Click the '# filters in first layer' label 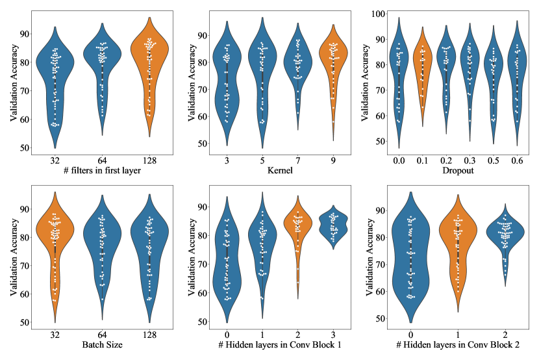point(101,170)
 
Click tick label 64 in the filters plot point(102,159)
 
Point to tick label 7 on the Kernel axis point(299,159)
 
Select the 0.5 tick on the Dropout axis point(495,159)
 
